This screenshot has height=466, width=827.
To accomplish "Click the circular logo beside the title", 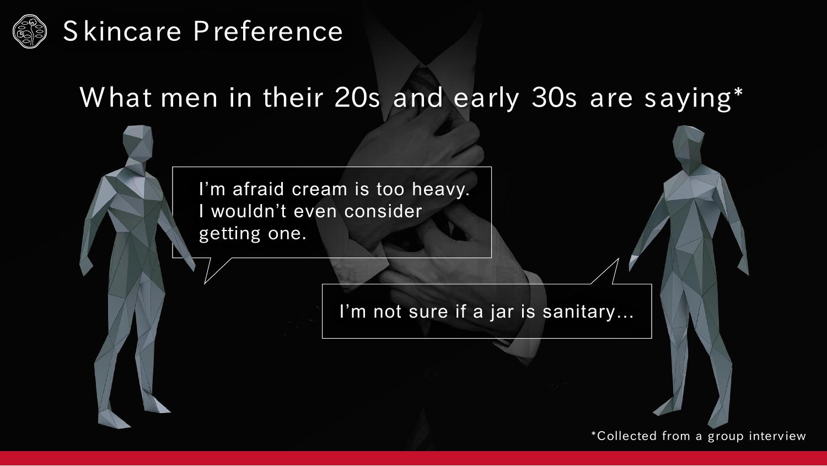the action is pos(30,31).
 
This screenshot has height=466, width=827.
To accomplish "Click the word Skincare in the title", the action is pos(122,31).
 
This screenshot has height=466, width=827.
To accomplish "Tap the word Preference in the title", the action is pos(268,31).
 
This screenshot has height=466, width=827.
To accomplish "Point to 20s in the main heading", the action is pos(357,98).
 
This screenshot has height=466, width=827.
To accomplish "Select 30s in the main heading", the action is pos(554,98).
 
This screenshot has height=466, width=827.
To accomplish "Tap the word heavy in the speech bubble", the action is pos(441,189).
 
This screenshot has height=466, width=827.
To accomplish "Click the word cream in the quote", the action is pos(319,190).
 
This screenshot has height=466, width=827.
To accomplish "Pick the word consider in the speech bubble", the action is pos(383,212).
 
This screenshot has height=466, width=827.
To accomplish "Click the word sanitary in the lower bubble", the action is pos(587,312).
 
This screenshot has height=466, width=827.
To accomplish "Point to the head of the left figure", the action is pos(138,143).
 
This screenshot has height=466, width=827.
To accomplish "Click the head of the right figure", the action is pos(688,143).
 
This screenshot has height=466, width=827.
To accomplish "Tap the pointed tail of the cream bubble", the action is pos(205,283).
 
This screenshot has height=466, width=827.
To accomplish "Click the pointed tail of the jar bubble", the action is pos(618,259).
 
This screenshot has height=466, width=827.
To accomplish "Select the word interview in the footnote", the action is pos(777,436).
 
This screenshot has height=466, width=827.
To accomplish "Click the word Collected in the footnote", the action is pos(627,436).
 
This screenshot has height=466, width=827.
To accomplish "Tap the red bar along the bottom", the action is pos(413,458).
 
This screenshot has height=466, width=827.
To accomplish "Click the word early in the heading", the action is pos(486,98).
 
